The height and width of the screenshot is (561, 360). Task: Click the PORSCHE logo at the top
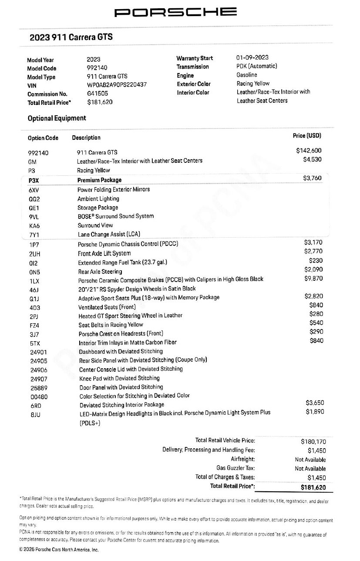[x=175, y=12]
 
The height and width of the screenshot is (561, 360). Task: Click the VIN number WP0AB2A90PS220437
[x=117, y=85]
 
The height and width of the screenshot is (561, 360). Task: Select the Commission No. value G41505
[x=98, y=94]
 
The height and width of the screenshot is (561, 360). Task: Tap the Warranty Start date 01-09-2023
[x=252, y=57]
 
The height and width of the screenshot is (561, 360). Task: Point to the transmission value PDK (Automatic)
[x=256, y=66]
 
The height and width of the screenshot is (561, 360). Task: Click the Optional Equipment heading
[x=57, y=118]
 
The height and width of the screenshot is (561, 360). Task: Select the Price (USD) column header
[x=307, y=136]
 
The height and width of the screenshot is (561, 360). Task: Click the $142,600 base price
[x=309, y=151]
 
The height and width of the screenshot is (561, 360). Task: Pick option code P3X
[x=34, y=180]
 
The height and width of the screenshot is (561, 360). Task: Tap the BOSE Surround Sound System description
[x=115, y=216]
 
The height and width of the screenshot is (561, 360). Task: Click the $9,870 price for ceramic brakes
[x=313, y=279]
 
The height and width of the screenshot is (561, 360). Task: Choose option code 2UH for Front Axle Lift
[x=34, y=253]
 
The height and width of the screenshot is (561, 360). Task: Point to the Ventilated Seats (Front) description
[x=107, y=307]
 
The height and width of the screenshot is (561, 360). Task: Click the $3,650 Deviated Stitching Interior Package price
[x=315, y=403]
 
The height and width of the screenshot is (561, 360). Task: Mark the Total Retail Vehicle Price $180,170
[x=313, y=441]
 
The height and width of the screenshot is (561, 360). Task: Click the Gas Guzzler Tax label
[x=236, y=468]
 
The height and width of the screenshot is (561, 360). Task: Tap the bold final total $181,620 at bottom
[x=313, y=487]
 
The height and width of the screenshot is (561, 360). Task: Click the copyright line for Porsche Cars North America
[x=59, y=550]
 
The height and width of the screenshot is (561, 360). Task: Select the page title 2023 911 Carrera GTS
[x=71, y=37]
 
